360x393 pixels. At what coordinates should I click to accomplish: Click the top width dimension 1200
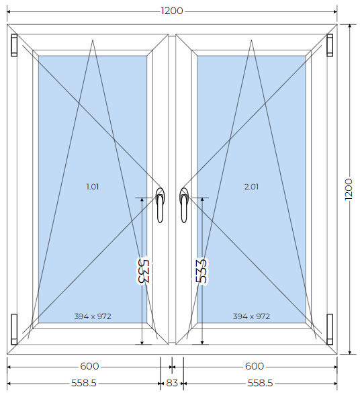(x=172, y=11)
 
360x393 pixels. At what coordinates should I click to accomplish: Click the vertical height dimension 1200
(x=349, y=189)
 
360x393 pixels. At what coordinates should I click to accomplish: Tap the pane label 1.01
(x=93, y=187)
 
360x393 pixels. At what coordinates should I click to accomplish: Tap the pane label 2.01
(x=251, y=187)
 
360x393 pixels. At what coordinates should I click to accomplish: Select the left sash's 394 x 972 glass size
(x=93, y=316)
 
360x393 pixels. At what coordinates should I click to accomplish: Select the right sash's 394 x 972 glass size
(x=251, y=316)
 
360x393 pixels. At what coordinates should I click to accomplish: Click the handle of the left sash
(x=160, y=206)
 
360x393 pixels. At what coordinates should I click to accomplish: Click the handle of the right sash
(x=184, y=206)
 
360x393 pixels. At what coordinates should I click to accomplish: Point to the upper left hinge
(x=14, y=45)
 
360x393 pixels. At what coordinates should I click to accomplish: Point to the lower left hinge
(x=14, y=329)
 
